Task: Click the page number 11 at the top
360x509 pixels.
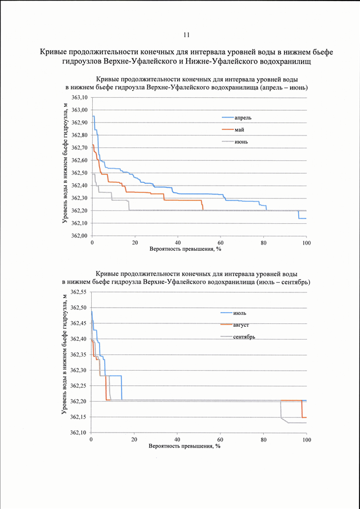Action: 186,35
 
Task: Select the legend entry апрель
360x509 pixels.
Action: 243,118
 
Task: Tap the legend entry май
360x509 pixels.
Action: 239,130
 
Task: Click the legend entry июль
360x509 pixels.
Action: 240,313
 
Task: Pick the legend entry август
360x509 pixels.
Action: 241,325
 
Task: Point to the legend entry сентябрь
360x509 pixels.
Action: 244,337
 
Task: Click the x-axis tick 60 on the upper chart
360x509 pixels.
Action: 220,243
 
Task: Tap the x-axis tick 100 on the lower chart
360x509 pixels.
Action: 307,440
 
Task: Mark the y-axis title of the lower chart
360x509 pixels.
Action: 64,354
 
